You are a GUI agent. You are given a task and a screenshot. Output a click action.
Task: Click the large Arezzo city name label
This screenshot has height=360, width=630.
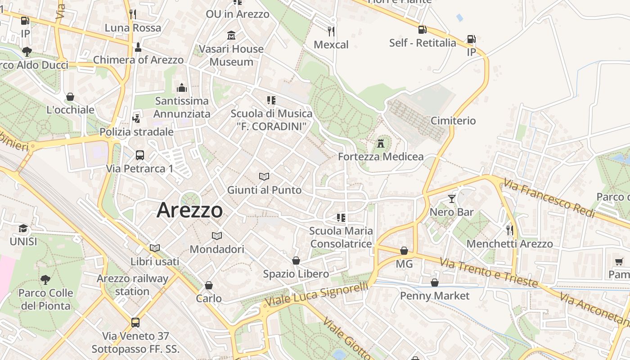pos(189,210)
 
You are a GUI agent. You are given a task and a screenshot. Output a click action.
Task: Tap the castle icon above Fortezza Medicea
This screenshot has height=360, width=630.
pos(381,144)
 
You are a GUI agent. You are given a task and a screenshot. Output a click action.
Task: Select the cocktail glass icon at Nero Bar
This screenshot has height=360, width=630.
pos(452,198)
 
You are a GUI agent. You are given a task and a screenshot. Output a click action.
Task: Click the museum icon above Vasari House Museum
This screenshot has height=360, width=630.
pos(231,35)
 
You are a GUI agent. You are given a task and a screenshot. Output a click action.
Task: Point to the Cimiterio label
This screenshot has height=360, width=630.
pos(453,121)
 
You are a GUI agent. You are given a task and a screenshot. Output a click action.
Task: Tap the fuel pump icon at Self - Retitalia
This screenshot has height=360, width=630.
pos(422,30)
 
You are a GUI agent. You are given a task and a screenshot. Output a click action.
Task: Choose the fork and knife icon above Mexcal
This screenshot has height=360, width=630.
pos(331,31)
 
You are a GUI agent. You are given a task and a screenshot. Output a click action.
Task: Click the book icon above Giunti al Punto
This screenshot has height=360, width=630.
pos(264,176)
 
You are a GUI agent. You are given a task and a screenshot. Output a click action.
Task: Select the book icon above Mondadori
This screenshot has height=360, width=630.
pos(217,236)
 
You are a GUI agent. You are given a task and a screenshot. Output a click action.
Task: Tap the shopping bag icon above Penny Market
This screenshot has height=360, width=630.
pos(434,283)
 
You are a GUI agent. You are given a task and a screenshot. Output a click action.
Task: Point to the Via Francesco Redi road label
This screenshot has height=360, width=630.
pos(549,198)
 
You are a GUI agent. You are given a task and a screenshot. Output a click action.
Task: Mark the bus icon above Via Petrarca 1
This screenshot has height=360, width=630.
pos(140,155)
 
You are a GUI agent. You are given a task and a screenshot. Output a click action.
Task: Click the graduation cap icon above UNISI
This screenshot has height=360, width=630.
pos(23,229)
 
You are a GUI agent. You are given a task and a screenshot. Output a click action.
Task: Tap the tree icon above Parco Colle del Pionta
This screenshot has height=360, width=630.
pos(45,279)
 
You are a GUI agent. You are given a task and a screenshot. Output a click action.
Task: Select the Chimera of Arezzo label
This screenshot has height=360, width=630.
pos(138,60)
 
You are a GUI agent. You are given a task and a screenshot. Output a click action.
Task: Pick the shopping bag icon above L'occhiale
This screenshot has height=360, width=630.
pos(70,97)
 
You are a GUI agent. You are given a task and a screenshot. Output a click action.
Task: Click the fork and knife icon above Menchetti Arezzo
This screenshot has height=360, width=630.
pos(509,230)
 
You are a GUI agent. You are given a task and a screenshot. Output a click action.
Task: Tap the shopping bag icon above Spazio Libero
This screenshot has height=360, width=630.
pos(296,261)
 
